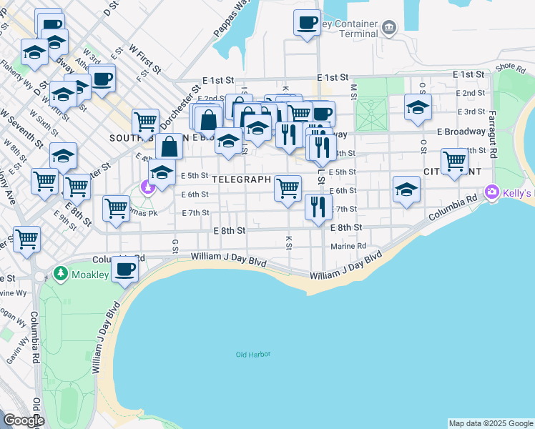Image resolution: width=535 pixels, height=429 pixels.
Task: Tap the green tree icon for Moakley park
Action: click(x=60, y=274)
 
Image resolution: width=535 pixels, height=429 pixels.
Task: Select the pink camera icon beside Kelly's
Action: click(x=491, y=192)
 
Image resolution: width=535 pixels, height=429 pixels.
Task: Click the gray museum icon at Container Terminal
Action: click(x=388, y=28)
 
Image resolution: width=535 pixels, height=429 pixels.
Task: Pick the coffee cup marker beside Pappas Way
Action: click(x=307, y=23)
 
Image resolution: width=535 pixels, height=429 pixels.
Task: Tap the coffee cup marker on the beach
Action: click(x=125, y=270)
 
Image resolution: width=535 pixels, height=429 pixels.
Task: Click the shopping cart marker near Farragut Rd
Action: click(x=454, y=161)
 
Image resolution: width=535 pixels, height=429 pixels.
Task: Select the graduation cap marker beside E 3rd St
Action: click(x=418, y=108)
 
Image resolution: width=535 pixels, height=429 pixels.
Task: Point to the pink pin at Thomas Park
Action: click(x=148, y=187)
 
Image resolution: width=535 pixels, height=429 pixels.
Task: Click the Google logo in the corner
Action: click(x=24, y=420)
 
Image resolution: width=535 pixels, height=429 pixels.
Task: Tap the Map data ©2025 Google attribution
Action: click(x=491, y=423)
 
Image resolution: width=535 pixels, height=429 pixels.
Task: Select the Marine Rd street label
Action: click(x=348, y=247)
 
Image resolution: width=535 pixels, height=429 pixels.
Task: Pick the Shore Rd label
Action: click(x=511, y=67)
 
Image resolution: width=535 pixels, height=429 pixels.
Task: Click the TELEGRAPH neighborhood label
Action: click(x=242, y=179)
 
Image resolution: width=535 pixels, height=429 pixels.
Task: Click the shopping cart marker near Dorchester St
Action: click(x=145, y=122)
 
